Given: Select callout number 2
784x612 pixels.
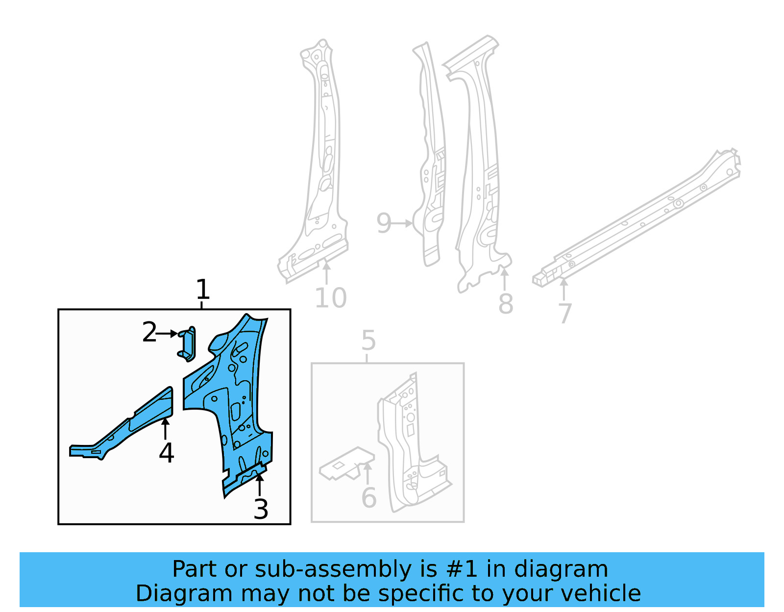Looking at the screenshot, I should pyautogui.click(x=149, y=333).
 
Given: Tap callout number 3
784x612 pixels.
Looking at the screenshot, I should pyautogui.click(x=261, y=510).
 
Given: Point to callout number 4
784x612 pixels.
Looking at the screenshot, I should pyautogui.click(x=166, y=453).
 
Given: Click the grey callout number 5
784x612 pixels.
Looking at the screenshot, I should pyautogui.click(x=368, y=341).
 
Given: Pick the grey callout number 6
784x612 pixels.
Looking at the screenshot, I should pyautogui.click(x=368, y=498).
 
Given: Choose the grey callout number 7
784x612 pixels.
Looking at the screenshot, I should pyautogui.click(x=565, y=314).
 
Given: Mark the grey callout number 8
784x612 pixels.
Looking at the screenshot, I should pyautogui.click(x=505, y=304).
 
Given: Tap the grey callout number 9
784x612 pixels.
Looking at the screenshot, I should pyautogui.click(x=384, y=223).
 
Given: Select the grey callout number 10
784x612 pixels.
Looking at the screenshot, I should pyautogui.click(x=330, y=298).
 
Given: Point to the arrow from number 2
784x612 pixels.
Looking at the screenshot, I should pyautogui.click(x=168, y=333).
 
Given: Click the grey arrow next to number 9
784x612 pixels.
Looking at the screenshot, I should pyautogui.click(x=403, y=223).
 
